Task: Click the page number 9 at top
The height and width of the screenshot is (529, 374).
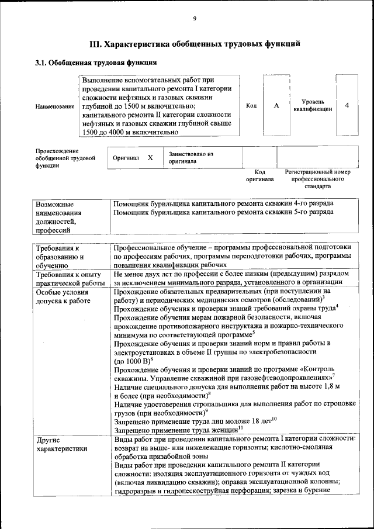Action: coord(195,19)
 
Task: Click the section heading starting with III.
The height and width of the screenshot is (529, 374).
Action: coord(195,44)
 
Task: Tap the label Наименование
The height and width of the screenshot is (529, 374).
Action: coord(54,106)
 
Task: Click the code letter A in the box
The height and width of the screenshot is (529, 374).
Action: coord(276,105)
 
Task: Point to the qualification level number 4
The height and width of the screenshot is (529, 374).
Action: coord(347,105)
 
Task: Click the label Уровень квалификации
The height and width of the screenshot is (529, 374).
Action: coord(313,105)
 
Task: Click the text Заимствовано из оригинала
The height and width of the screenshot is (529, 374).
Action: coord(188,157)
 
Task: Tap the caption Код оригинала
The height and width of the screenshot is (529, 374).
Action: coord(259,176)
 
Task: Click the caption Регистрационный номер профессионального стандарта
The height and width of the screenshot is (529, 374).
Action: coord(317,179)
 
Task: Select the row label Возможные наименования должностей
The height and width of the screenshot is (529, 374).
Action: coord(58,217)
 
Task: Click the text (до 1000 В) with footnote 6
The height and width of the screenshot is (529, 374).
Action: coord(133,361)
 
